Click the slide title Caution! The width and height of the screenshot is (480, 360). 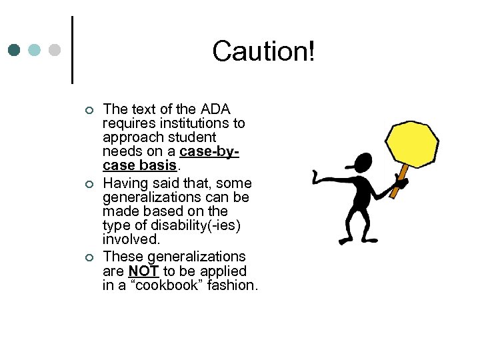[x=263, y=51]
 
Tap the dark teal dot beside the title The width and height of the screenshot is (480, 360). [x=15, y=50]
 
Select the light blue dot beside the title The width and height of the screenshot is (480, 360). [x=35, y=50]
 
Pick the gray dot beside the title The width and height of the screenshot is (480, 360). [x=55, y=50]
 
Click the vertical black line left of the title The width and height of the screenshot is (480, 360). [x=71, y=50]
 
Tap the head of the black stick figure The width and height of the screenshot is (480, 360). [x=365, y=162]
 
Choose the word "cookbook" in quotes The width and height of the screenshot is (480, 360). [x=156, y=286]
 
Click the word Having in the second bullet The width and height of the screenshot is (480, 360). [x=123, y=183]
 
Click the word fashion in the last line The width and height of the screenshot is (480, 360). [x=232, y=286]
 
